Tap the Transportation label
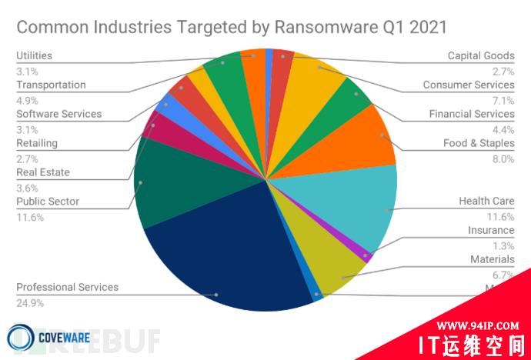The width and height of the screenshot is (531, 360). pyautogui.click(x=51, y=85)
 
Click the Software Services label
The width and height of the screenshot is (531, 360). pyautogui.click(x=59, y=114)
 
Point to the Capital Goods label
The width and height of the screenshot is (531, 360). pyautogui.click(x=481, y=55)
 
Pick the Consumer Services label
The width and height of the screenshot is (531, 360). pyautogui.click(x=469, y=85)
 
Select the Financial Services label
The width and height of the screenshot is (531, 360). pyautogui.click(x=472, y=114)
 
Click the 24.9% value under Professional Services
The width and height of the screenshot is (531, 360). pyautogui.click(x=29, y=303)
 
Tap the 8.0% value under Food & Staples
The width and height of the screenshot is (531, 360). pyautogui.click(x=503, y=159)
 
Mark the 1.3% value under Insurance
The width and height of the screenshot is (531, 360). pyautogui.click(x=503, y=245)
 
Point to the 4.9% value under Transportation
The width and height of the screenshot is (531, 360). pyautogui.click(x=27, y=100)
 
